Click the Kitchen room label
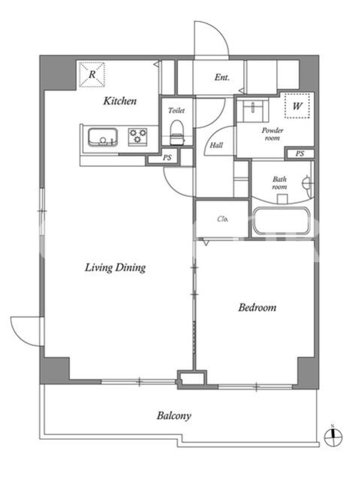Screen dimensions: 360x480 [x=119, y=101]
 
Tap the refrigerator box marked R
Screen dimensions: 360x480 [x=92, y=74]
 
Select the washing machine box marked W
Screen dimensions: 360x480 [x=296, y=106]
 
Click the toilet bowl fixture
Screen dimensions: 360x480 [x=176, y=132]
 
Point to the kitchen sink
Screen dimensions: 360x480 [x=103, y=137]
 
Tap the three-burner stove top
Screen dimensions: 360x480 [x=137, y=137]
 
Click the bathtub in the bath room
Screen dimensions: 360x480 [x=281, y=221]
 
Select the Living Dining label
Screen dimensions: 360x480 [x=115, y=268]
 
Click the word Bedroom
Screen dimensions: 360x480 [x=257, y=307]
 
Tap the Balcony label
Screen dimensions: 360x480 [x=174, y=416]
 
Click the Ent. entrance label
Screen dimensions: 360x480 [x=221, y=77]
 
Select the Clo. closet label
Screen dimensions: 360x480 [x=223, y=219]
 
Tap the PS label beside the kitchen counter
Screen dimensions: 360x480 [x=167, y=158]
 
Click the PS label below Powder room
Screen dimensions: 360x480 [x=299, y=154]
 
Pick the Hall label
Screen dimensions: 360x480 [x=216, y=145]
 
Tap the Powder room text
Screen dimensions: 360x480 [x=272, y=134]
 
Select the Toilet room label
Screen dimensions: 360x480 [x=176, y=110]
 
